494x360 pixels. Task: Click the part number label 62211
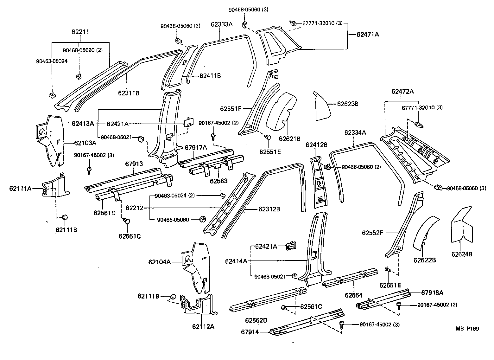80,32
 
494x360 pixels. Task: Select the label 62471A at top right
368,34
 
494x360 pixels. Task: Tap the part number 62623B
347,104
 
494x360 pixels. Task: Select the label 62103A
85,143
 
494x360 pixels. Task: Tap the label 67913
134,164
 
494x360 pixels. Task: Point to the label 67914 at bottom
250,332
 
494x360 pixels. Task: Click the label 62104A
159,262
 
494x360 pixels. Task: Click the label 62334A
355,132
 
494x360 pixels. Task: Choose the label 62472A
402,92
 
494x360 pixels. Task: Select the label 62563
218,181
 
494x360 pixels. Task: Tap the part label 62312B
269,209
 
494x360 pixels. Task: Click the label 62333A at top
222,24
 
